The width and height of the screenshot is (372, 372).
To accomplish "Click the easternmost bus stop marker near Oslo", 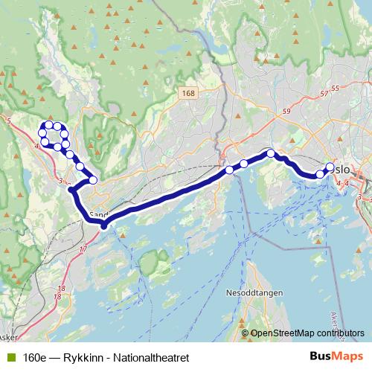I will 330,167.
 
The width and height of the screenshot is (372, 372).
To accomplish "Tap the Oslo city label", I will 341,170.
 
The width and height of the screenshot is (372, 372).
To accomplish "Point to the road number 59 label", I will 287,112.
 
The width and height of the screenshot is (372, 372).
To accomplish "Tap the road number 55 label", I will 334,89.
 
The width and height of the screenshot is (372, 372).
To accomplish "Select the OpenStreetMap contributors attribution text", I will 308,334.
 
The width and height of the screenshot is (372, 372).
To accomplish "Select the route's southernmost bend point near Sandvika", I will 103,225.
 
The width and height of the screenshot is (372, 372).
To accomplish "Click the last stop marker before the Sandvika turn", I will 93,180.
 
